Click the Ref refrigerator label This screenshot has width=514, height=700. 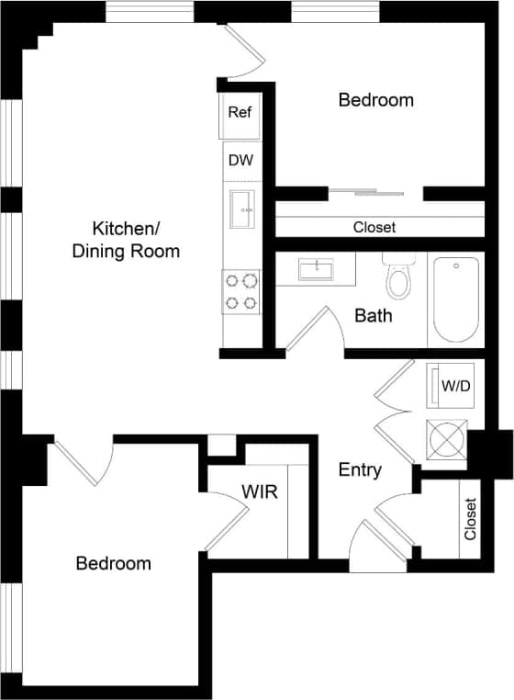240,112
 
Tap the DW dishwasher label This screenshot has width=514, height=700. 240,160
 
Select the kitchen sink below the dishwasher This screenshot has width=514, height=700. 243,210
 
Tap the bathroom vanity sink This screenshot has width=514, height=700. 316,269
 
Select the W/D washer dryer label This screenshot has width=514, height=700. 455,386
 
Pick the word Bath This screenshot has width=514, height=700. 374,316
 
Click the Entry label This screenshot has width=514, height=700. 360,470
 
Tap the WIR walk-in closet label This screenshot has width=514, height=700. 259,491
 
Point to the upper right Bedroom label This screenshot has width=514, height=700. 375,99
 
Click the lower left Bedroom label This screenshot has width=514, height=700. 113,563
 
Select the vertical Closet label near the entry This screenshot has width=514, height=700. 471,519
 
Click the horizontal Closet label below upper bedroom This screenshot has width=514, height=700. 374,227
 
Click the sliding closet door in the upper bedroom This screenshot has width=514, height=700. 366,192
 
